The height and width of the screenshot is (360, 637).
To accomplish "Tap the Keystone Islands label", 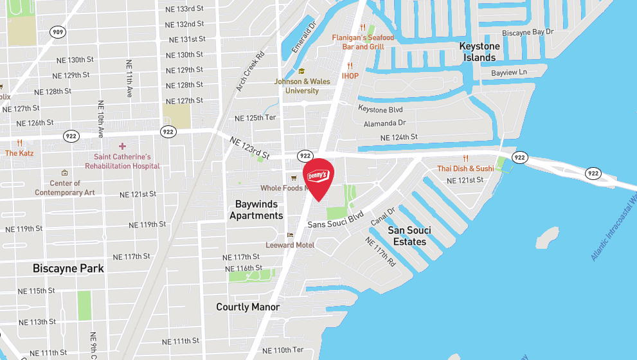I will (480, 52).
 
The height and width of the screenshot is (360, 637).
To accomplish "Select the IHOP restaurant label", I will (350, 76).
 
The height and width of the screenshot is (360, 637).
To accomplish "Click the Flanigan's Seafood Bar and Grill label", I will (363, 42).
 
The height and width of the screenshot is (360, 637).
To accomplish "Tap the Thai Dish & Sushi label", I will (465, 168).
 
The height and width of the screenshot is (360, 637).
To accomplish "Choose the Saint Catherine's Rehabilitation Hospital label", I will (122, 161).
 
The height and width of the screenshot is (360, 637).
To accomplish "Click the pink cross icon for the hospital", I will (122, 147).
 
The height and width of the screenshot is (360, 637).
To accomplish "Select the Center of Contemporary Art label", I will (64, 188).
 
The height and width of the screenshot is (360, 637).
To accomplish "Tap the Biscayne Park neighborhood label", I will (68, 269).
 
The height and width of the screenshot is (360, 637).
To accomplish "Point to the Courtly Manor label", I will (247, 307).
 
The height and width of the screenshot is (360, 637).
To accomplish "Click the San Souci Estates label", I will (409, 236).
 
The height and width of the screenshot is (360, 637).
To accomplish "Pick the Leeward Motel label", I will (290, 245).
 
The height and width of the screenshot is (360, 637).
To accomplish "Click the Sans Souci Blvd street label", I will (336, 220).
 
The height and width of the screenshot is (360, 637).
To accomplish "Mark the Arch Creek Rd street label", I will (250, 71).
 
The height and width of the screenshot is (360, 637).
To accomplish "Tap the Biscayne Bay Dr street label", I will (528, 32).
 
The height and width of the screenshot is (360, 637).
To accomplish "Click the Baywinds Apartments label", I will (256, 210).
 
